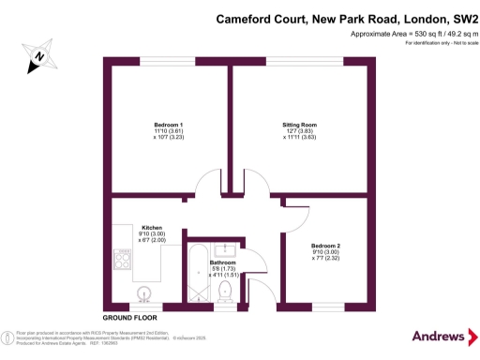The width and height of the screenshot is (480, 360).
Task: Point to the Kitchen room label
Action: click(153, 228)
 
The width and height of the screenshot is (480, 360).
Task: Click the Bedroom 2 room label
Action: click(326, 244)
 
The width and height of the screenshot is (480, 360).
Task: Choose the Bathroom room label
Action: click(222, 263)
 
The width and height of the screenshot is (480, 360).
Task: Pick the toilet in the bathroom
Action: click(224, 294)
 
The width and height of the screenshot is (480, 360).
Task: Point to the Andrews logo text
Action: click(439, 337)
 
